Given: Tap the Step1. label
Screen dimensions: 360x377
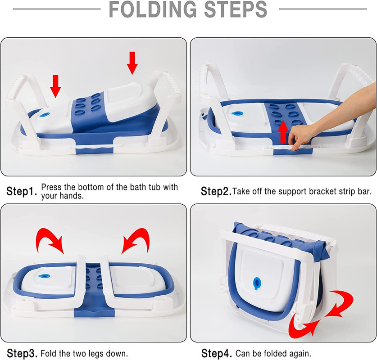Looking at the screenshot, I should pyautogui.click(x=22, y=191).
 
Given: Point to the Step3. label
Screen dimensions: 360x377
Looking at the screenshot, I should pyautogui.click(x=22, y=352).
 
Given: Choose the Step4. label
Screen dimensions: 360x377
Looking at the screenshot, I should pyautogui.click(x=216, y=352).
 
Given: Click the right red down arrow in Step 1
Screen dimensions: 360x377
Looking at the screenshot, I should pyautogui.click(x=132, y=63).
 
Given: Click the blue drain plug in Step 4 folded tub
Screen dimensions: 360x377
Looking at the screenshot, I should pyautogui.click(x=256, y=282).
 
